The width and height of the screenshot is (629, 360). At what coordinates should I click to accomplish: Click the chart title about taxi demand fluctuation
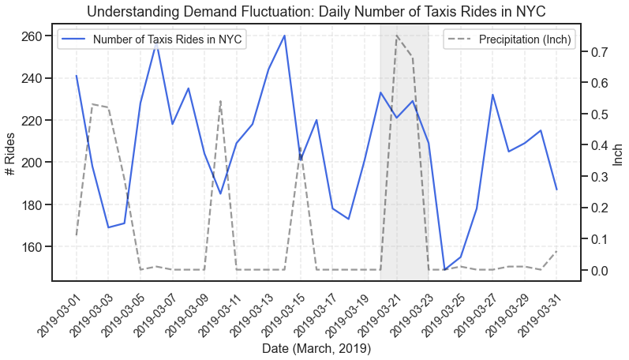pyautogui.click(x=316, y=11)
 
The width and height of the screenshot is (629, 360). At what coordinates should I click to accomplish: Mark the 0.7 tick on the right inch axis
pyautogui.click(x=597, y=52)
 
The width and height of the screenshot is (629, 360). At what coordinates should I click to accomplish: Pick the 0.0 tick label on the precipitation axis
pyautogui.click(x=597, y=270)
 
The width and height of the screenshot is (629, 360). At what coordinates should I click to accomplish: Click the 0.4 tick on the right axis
pyautogui.click(x=597, y=145)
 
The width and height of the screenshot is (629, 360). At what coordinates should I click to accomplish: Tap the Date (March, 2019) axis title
pyautogui.click(x=316, y=348)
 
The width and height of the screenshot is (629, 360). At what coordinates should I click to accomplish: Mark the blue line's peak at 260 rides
pyautogui.click(x=284, y=36)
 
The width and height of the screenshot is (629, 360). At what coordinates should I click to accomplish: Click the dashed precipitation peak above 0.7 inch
pyautogui.click(x=396, y=36)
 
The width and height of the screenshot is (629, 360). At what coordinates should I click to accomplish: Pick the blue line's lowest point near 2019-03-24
pyautogui.click(x=444, y=270)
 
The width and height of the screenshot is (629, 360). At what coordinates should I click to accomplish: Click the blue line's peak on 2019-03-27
pyautogui.click(x=492, y=95)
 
